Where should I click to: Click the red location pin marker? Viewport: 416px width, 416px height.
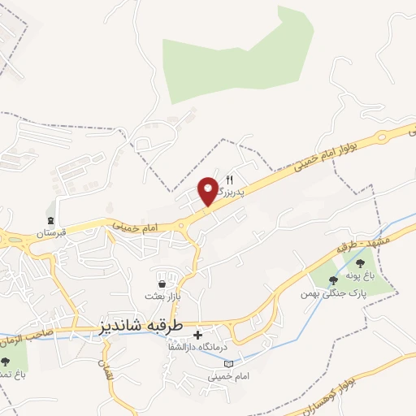pyautogui.click(x=208, y=192)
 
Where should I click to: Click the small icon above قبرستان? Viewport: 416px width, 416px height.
pyautogui.click(x=51, y=221)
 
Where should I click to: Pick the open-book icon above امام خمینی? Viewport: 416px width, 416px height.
pyautogui.click(x=227, y=363)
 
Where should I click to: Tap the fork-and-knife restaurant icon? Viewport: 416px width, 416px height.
pyautogui.click(x=229, y=180)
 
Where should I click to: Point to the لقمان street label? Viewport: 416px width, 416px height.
pyautogui.click(x=103, y=371)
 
